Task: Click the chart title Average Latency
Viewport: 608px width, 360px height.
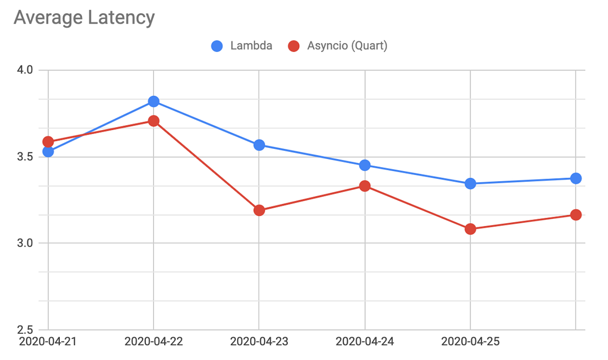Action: click(84, 18)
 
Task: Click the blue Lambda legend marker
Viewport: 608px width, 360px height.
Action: click(217, 46)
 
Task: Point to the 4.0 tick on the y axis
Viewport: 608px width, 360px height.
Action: click(24, 70)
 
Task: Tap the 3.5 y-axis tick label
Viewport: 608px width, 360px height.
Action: click(24, 157)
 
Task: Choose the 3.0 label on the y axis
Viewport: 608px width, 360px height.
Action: click(24, 244)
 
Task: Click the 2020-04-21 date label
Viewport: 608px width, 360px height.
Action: click(48, 342)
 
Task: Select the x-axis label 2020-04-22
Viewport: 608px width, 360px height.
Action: click(154, 342)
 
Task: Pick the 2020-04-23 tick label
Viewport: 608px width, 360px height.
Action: click(259, 342)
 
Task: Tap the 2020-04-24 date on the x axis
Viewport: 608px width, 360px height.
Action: click(365, 342)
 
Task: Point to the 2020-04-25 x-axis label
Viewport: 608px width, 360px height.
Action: click(470, 342)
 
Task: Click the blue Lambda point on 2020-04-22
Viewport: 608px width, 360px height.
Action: click(154, 102)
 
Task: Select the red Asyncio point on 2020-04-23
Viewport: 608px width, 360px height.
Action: click(259, 210)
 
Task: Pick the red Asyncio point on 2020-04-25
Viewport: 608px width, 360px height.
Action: click(470, 229)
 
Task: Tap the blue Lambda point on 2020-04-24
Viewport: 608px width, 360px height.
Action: click(365, 165)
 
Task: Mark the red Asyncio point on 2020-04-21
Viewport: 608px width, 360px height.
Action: click(48, 142)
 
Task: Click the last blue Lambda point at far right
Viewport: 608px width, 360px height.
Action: click(576, 178)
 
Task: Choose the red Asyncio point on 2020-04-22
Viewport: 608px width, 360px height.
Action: click(154, 121)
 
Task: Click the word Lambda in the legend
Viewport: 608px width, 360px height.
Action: click(251, 46)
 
